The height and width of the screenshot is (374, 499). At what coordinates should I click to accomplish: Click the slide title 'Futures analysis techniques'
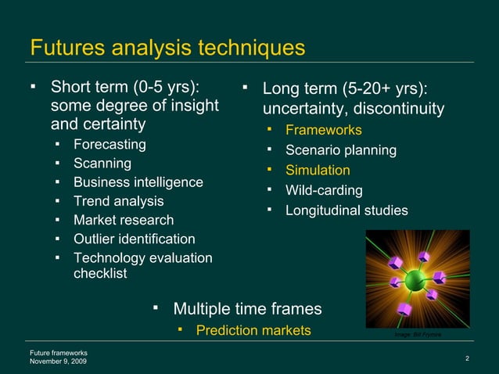point(167,47)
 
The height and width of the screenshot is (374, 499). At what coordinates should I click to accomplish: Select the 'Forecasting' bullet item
point(109,145)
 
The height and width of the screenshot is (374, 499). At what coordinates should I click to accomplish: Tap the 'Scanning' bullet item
point(102,164)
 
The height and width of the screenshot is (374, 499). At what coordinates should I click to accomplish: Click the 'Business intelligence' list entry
point(138,182)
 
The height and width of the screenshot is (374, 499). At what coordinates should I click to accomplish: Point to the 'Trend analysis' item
point(118,201)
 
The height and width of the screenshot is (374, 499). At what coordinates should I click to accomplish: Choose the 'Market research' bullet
point(123,220)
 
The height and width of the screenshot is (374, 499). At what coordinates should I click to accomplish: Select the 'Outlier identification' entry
point(134,239)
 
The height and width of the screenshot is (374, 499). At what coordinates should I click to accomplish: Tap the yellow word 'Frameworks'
point(323,130)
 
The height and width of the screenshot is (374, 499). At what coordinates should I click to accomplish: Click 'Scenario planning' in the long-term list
point(340,150)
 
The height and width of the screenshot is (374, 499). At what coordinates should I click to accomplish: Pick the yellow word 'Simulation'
point(318,170)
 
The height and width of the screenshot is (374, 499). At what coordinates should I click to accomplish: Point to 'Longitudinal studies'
point(346,210)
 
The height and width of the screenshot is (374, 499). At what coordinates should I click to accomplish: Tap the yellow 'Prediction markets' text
point(253,331)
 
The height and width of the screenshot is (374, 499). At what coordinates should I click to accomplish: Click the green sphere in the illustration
point(414,279)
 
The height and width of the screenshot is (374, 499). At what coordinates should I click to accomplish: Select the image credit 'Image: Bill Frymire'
point(418,334)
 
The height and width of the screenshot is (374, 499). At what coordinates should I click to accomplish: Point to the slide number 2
point(466,358)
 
